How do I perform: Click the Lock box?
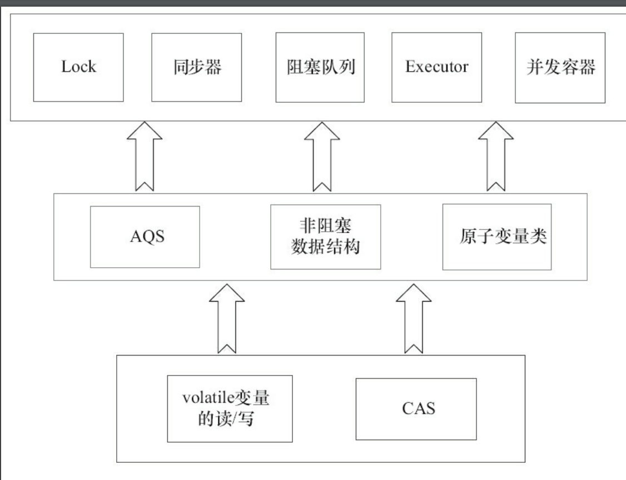pos(78,67)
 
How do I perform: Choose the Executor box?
pos(436,67)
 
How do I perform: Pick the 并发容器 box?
pos(560,67)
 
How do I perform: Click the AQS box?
pos(145,237)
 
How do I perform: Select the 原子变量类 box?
pos(496,237)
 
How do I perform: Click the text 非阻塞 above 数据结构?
pos(325,227)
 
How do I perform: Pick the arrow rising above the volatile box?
pos(226,320)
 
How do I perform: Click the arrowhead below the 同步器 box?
pos(145,133)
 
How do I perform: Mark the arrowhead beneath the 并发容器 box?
pos(496,133)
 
